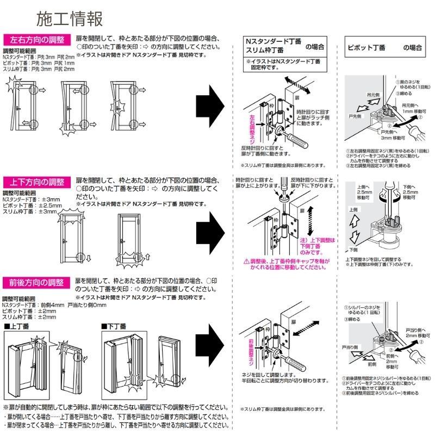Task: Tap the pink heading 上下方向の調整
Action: click(x=37, y=181)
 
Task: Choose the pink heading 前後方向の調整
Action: click(x=37, y=283)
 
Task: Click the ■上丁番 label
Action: click(x=17, y=326)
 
